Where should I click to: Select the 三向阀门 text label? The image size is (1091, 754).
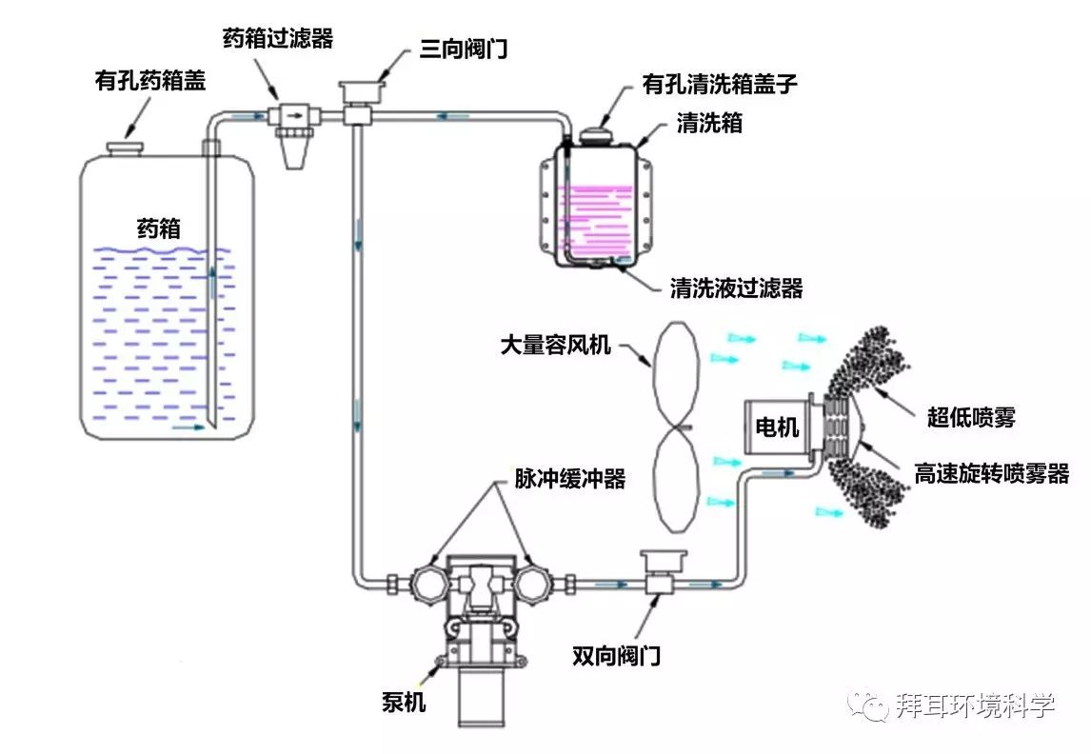(x=464, y=49)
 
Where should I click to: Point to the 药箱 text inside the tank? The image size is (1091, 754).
(x=158, y=229)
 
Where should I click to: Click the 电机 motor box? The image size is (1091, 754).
(x=777, y=427)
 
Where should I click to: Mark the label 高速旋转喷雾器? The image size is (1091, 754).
(x=991, y=473)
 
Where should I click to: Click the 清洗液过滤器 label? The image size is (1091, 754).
(x=736, y=288)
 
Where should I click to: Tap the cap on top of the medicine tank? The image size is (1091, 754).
(x=124, y=149)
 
